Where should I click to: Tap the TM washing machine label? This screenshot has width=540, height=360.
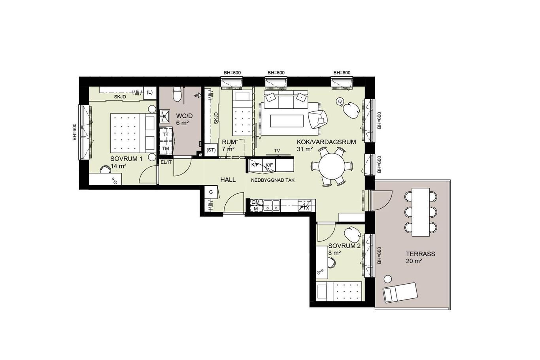coord(166,149)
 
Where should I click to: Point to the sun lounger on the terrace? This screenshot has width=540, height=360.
coord(400,292)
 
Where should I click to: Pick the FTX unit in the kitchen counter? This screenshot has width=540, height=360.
coord(305,205)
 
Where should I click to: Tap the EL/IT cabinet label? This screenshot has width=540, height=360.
coord(166,162)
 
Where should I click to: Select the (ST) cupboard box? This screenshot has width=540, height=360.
coord(211,150)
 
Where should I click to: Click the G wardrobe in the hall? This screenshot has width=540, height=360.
coord(211,192)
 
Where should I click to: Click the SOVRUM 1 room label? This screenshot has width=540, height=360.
coord(127,159)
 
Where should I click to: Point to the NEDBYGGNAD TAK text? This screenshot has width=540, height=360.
coord(273,180)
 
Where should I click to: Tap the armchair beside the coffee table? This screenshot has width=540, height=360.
coord(318,120)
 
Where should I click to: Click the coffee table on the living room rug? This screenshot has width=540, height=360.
coord(287,121)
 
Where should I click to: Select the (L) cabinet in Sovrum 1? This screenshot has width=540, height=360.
coord(150,92)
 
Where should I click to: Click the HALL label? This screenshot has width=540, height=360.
coord(228,180)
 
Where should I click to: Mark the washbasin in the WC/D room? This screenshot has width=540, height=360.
coord(165,117)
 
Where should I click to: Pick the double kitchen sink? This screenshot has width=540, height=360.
coord(272,205)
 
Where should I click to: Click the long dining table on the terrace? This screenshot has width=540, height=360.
coord(421,212)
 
